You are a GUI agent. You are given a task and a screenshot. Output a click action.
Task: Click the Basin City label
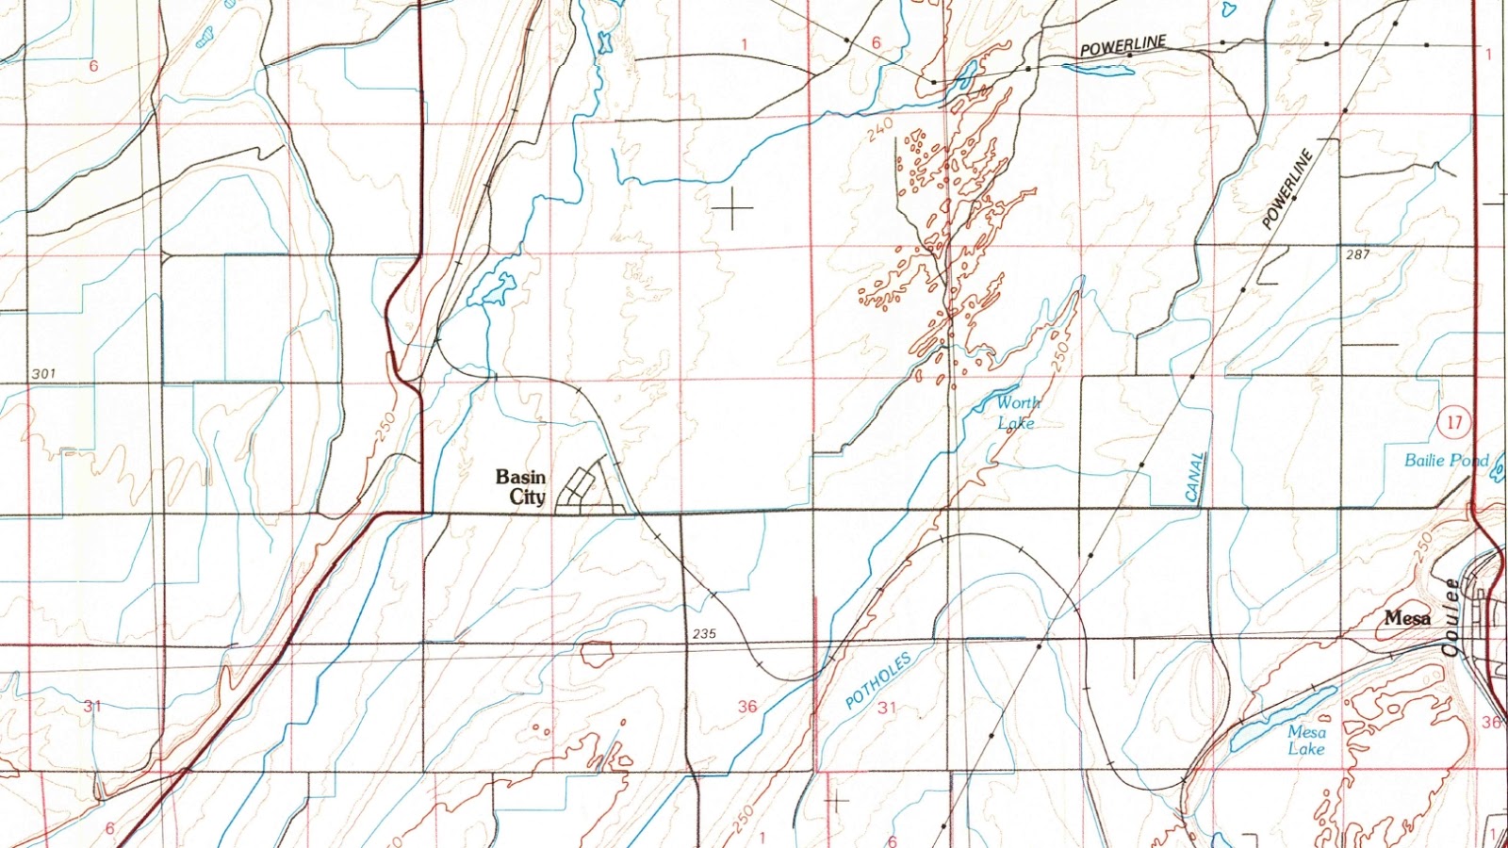(521, 487)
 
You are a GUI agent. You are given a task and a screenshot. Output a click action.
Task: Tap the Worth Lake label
(1017, 413)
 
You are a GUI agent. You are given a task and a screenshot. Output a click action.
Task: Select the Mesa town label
(1407, 618)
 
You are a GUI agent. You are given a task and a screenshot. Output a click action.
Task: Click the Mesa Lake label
(1306, 741)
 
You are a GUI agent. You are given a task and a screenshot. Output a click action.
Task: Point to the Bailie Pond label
(1446, 460)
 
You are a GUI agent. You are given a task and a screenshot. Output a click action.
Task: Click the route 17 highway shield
(1453, 421)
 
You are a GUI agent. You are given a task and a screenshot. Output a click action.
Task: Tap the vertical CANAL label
(1195, 477)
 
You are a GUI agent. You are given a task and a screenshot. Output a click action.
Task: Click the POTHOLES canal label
(877, 680)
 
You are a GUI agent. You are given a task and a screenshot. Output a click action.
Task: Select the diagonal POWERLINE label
(1287, 189)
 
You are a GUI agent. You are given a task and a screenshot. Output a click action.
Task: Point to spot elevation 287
(1357, 254)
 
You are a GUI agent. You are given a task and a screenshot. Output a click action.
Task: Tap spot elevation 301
(43, 374)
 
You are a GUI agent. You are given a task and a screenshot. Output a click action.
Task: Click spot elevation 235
(704, 634)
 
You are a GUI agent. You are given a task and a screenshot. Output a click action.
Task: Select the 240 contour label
(880, 130)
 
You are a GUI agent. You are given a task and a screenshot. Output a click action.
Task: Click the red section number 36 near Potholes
(747, 706)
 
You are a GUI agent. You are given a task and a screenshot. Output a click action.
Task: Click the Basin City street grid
(586, 490)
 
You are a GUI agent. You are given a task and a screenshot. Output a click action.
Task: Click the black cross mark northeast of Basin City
(732, 207)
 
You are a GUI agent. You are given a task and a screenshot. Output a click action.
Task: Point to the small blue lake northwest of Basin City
(494, 287)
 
